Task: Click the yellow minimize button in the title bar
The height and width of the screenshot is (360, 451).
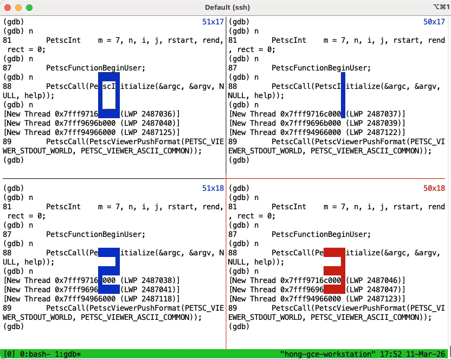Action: [18, 8]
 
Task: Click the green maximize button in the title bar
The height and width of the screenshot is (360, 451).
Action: [29, 8]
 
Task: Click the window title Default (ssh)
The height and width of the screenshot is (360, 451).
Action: [225, 8]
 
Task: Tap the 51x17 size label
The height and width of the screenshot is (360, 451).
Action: [212, 22]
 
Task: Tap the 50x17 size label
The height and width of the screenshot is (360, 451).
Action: [434, 22]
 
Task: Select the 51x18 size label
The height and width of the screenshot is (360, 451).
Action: [212, 188]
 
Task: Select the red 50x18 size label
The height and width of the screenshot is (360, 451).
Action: [434, 188]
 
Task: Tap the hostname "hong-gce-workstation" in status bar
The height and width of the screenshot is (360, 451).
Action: [328, 354]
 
